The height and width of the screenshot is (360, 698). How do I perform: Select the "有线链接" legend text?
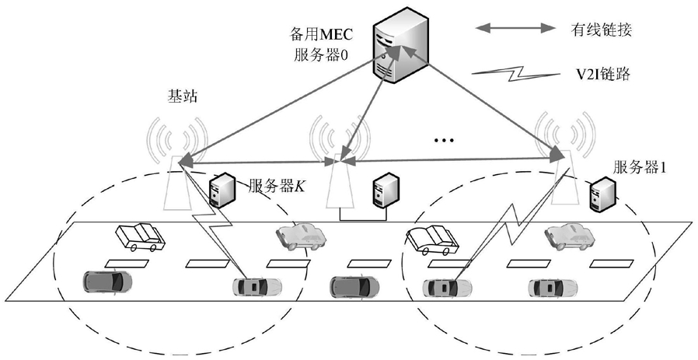pos(601,30)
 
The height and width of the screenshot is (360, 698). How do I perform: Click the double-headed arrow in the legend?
pos(515,29)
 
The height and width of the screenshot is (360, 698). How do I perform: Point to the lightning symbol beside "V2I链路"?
pos(515,75)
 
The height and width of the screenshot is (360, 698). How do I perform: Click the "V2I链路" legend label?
pos(601,74)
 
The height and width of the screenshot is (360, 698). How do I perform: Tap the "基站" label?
pos(182,96)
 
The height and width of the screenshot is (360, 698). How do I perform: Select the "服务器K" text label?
pos(276,185)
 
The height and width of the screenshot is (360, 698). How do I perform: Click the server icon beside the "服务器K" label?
pos(220,190)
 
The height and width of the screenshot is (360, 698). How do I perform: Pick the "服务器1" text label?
pos(640,167)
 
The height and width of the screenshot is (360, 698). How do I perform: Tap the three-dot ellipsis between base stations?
pos(444,141)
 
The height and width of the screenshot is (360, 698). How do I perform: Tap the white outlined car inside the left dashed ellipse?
pos(140,237)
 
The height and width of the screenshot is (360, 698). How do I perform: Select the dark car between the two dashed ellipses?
pos(354,286)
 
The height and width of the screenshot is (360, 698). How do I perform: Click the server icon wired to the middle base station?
pos(386,191)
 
